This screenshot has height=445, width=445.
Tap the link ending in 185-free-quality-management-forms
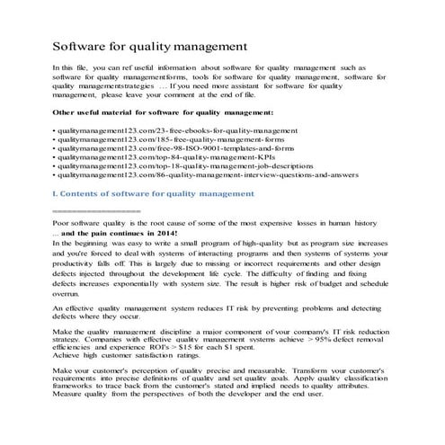(167, 142)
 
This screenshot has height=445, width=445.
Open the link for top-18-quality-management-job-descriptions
(179, 177)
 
